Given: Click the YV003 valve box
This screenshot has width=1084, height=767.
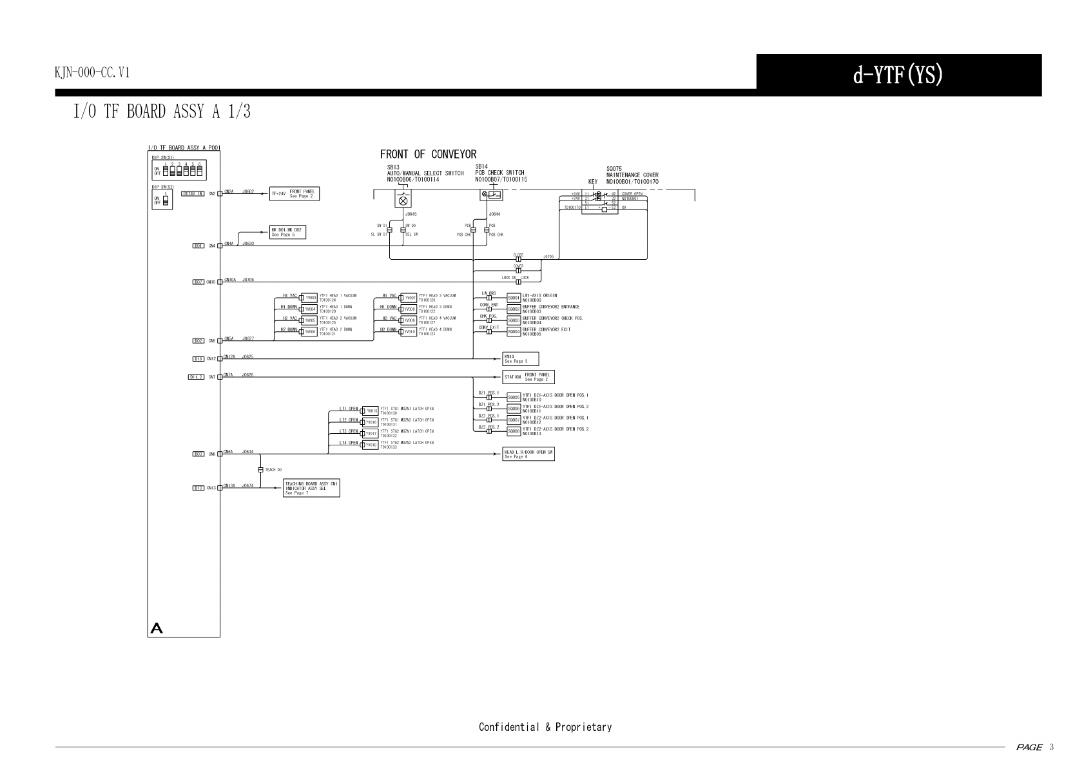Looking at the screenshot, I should click(311, 298).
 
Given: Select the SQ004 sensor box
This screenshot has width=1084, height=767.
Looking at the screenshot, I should click(514, 332).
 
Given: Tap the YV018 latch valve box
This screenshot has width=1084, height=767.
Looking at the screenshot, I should click(371, 445).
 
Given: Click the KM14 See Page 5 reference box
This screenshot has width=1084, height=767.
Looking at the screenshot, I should click(520, 359).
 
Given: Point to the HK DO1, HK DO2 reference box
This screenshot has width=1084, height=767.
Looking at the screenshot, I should click(287, 232).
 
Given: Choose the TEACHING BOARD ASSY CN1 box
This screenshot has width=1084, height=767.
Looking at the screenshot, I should click(311, 488).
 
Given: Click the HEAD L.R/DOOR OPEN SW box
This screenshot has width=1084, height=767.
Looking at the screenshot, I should click(528, 454).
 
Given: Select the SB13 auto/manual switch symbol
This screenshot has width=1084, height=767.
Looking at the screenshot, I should click(403, 199).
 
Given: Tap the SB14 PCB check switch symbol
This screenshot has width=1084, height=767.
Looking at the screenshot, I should click(492, 194).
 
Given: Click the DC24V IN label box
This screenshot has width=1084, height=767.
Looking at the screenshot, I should click(193, 193).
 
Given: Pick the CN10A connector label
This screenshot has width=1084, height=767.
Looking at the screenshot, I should click(230, 280).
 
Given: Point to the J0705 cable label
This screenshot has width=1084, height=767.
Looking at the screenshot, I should click(548, 256).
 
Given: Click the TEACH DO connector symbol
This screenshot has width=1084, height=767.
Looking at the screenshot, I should click(260, 470).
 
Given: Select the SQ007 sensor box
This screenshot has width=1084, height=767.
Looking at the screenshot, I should click(514, 420).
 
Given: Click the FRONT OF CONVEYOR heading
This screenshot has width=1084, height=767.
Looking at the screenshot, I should click(428, 154).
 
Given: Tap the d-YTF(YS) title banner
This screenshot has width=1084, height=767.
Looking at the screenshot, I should click(898, 75).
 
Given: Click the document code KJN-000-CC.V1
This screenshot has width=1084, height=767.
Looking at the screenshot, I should click(92, 72).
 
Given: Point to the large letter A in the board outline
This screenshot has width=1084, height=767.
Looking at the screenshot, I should click(156, 628).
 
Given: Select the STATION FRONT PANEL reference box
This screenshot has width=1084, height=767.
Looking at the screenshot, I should click(528, 377).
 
